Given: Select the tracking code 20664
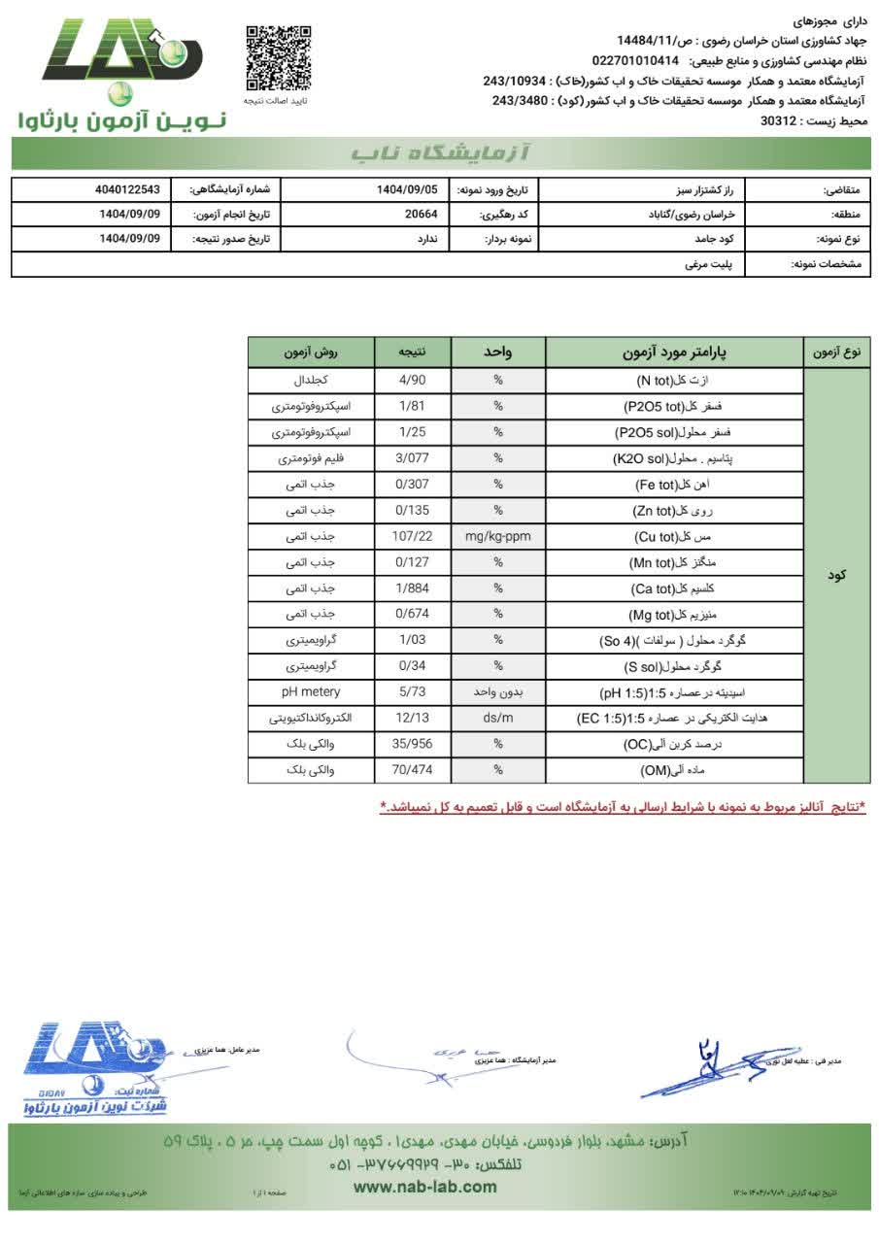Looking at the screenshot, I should (x=421, y=215).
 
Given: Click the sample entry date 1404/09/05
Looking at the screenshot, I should (x=407, y=189).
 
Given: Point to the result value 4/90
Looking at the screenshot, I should (x=413, y=380).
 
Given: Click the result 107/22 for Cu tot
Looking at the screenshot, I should (x=413, y=536).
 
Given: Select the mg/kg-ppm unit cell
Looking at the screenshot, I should (x=498, y=536).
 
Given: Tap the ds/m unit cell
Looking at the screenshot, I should (x=498, y=718).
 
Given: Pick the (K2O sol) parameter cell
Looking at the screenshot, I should (x=674, y=457).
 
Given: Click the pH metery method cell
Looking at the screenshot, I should (x=311, y=691).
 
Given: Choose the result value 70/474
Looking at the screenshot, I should (x=413, y=770).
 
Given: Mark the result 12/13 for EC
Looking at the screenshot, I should (x=413, y=718).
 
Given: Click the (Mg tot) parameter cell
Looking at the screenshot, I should (x=674, y=614).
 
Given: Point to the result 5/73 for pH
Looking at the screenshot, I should (x=413, y=691).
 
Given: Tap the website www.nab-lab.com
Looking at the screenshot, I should (x=424, y=1187).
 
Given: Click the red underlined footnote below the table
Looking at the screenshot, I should (x=622, y=807).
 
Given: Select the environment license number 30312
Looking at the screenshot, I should (x=778, y=121).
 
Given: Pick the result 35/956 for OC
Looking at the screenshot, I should (x=413, y=744).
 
